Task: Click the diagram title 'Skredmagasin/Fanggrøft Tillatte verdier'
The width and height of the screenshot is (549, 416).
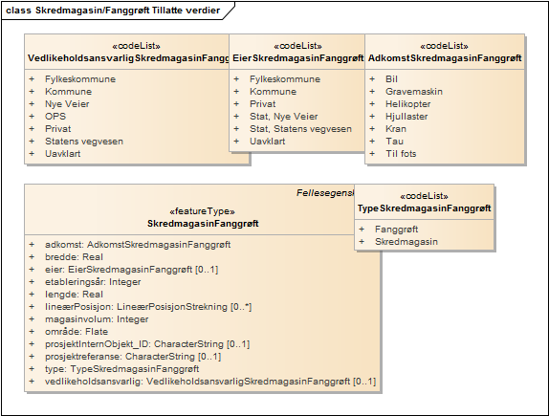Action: pos(127,11)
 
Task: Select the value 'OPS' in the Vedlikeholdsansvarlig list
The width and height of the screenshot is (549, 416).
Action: pos(55,117)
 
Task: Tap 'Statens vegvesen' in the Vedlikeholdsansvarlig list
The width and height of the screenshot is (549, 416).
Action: pos(84,142)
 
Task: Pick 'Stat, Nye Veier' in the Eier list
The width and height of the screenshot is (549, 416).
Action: pos(284,117)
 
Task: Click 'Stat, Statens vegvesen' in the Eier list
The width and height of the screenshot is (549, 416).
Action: pos(300,129)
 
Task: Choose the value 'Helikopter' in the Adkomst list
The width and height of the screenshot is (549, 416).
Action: pos(407,104)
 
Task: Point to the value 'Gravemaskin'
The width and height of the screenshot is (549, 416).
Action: pos(414,92)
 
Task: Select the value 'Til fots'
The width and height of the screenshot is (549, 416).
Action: pos(401,154)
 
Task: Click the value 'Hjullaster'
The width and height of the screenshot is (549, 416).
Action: pos(406,117)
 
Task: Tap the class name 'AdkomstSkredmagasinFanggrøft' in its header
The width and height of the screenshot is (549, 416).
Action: pos(445,58)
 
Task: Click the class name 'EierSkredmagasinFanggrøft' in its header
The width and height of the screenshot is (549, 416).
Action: pos(298,58)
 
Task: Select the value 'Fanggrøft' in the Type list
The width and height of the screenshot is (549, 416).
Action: pos(396,230)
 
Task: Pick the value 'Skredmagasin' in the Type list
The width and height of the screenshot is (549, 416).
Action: pos(406,242)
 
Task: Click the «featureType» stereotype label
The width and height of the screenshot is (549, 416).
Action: pos(203,211)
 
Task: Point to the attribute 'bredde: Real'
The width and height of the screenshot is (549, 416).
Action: pos(74,257)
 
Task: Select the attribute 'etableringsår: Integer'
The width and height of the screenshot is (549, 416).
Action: pos(93,282)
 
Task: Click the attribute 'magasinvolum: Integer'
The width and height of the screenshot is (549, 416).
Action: pos(97,319)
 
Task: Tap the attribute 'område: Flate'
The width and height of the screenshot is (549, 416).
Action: pos(77,332)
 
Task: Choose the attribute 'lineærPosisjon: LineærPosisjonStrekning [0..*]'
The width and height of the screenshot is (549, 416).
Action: pos(148,307)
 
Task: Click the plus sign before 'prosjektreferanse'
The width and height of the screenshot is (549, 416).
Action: pos(32,357)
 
